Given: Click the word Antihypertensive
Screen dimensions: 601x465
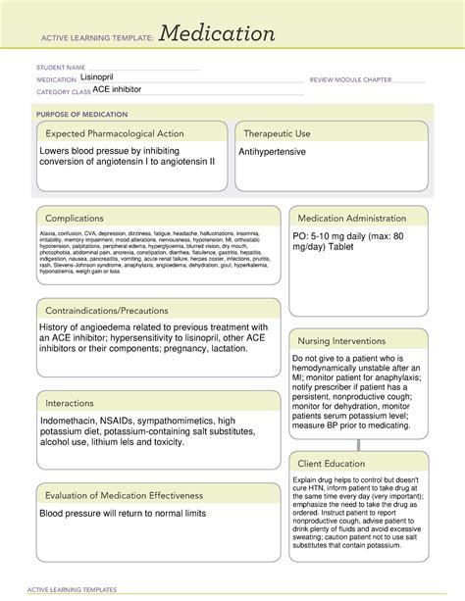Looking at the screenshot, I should coord(272,153).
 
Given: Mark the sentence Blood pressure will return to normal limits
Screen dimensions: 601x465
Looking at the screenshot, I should coord(123,514).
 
